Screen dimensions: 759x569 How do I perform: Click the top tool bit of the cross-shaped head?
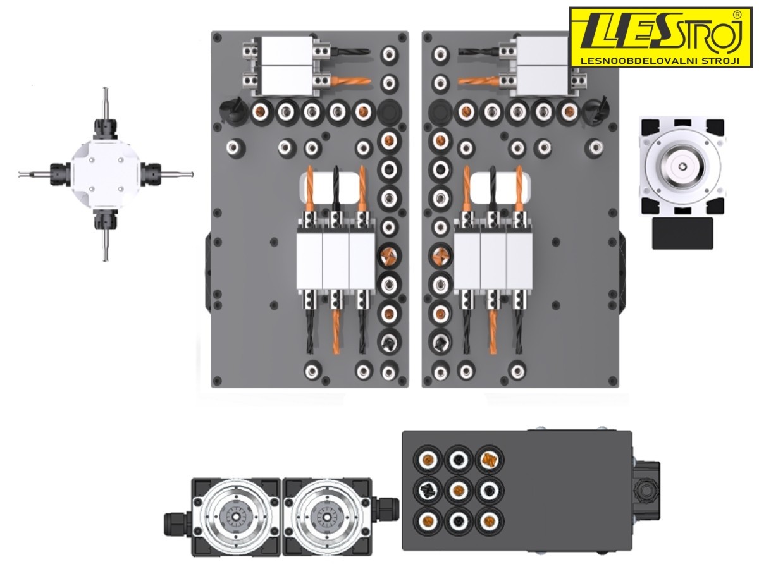point(105,103)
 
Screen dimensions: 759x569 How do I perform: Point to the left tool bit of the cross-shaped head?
point(35,174)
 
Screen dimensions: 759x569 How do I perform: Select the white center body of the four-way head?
point(106,174)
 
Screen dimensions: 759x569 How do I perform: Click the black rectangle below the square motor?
point(682,233)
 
